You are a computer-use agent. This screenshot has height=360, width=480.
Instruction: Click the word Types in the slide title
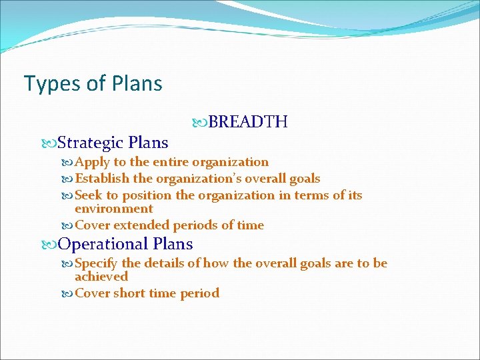44,84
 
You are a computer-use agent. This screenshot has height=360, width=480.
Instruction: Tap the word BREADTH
247,122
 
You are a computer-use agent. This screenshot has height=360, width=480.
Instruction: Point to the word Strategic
91,143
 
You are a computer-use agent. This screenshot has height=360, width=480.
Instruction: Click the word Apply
93,162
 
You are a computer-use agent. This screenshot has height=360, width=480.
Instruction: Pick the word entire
171,162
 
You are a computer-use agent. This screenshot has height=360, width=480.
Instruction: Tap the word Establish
103,179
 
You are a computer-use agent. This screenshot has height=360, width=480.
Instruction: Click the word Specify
97,263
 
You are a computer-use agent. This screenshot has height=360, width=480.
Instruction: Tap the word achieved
101,276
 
